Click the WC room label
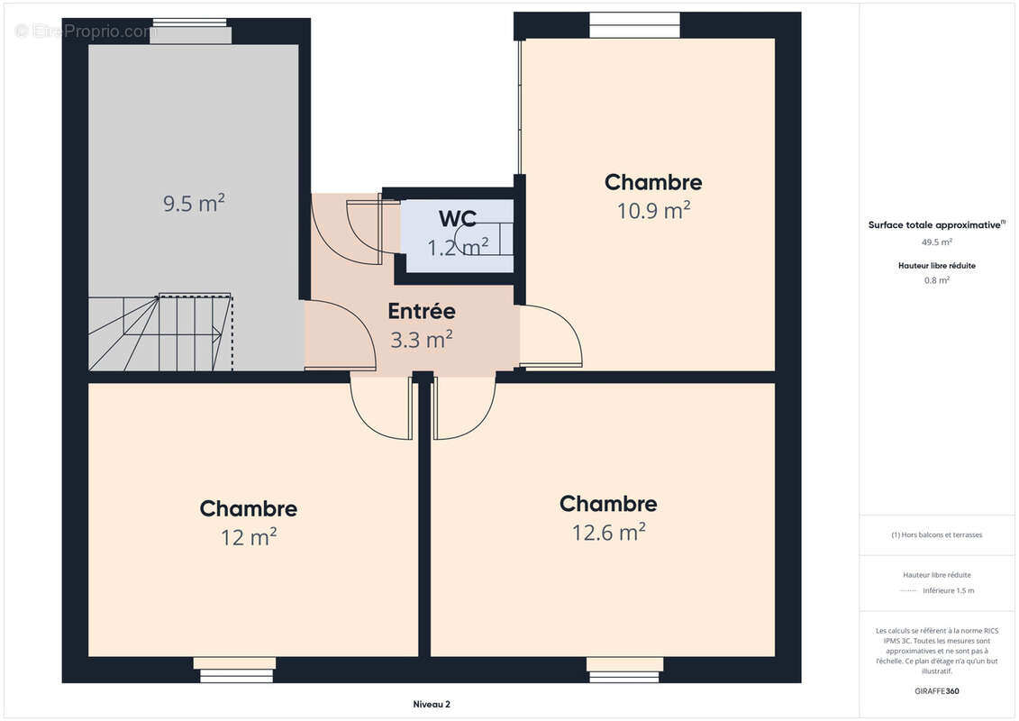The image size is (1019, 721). click(457, 219)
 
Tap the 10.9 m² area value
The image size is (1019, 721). click(653, 211)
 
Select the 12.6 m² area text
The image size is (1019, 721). click(608, 533)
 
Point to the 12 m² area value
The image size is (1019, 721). click(249, 538)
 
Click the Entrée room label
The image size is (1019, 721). click(422, 312)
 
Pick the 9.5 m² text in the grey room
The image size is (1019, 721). click(194, 204)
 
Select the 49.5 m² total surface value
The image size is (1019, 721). click(937, 242)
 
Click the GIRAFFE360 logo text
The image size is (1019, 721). click(937, 691)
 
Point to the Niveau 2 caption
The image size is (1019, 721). click(425, 705)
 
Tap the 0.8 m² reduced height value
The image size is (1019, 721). click(937, 280)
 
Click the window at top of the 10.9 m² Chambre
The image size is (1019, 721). click(634, 25)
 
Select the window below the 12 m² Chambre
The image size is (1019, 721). click(236, 669)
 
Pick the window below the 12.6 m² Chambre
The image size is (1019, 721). click(624, 669)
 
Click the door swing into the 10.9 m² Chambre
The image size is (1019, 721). click(550, 337)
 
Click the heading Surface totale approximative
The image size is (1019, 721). click(935, 225)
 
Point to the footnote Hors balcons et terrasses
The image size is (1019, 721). click(937, 534)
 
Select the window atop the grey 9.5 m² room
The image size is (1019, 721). click(190, 31)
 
